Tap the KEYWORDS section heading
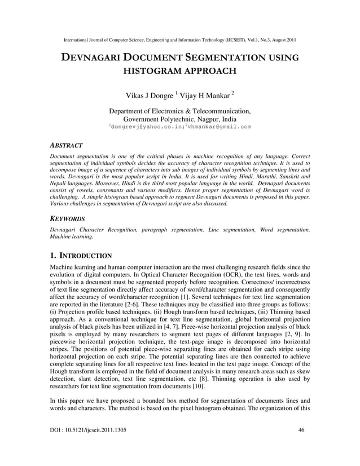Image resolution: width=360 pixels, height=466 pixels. (68, 218)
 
